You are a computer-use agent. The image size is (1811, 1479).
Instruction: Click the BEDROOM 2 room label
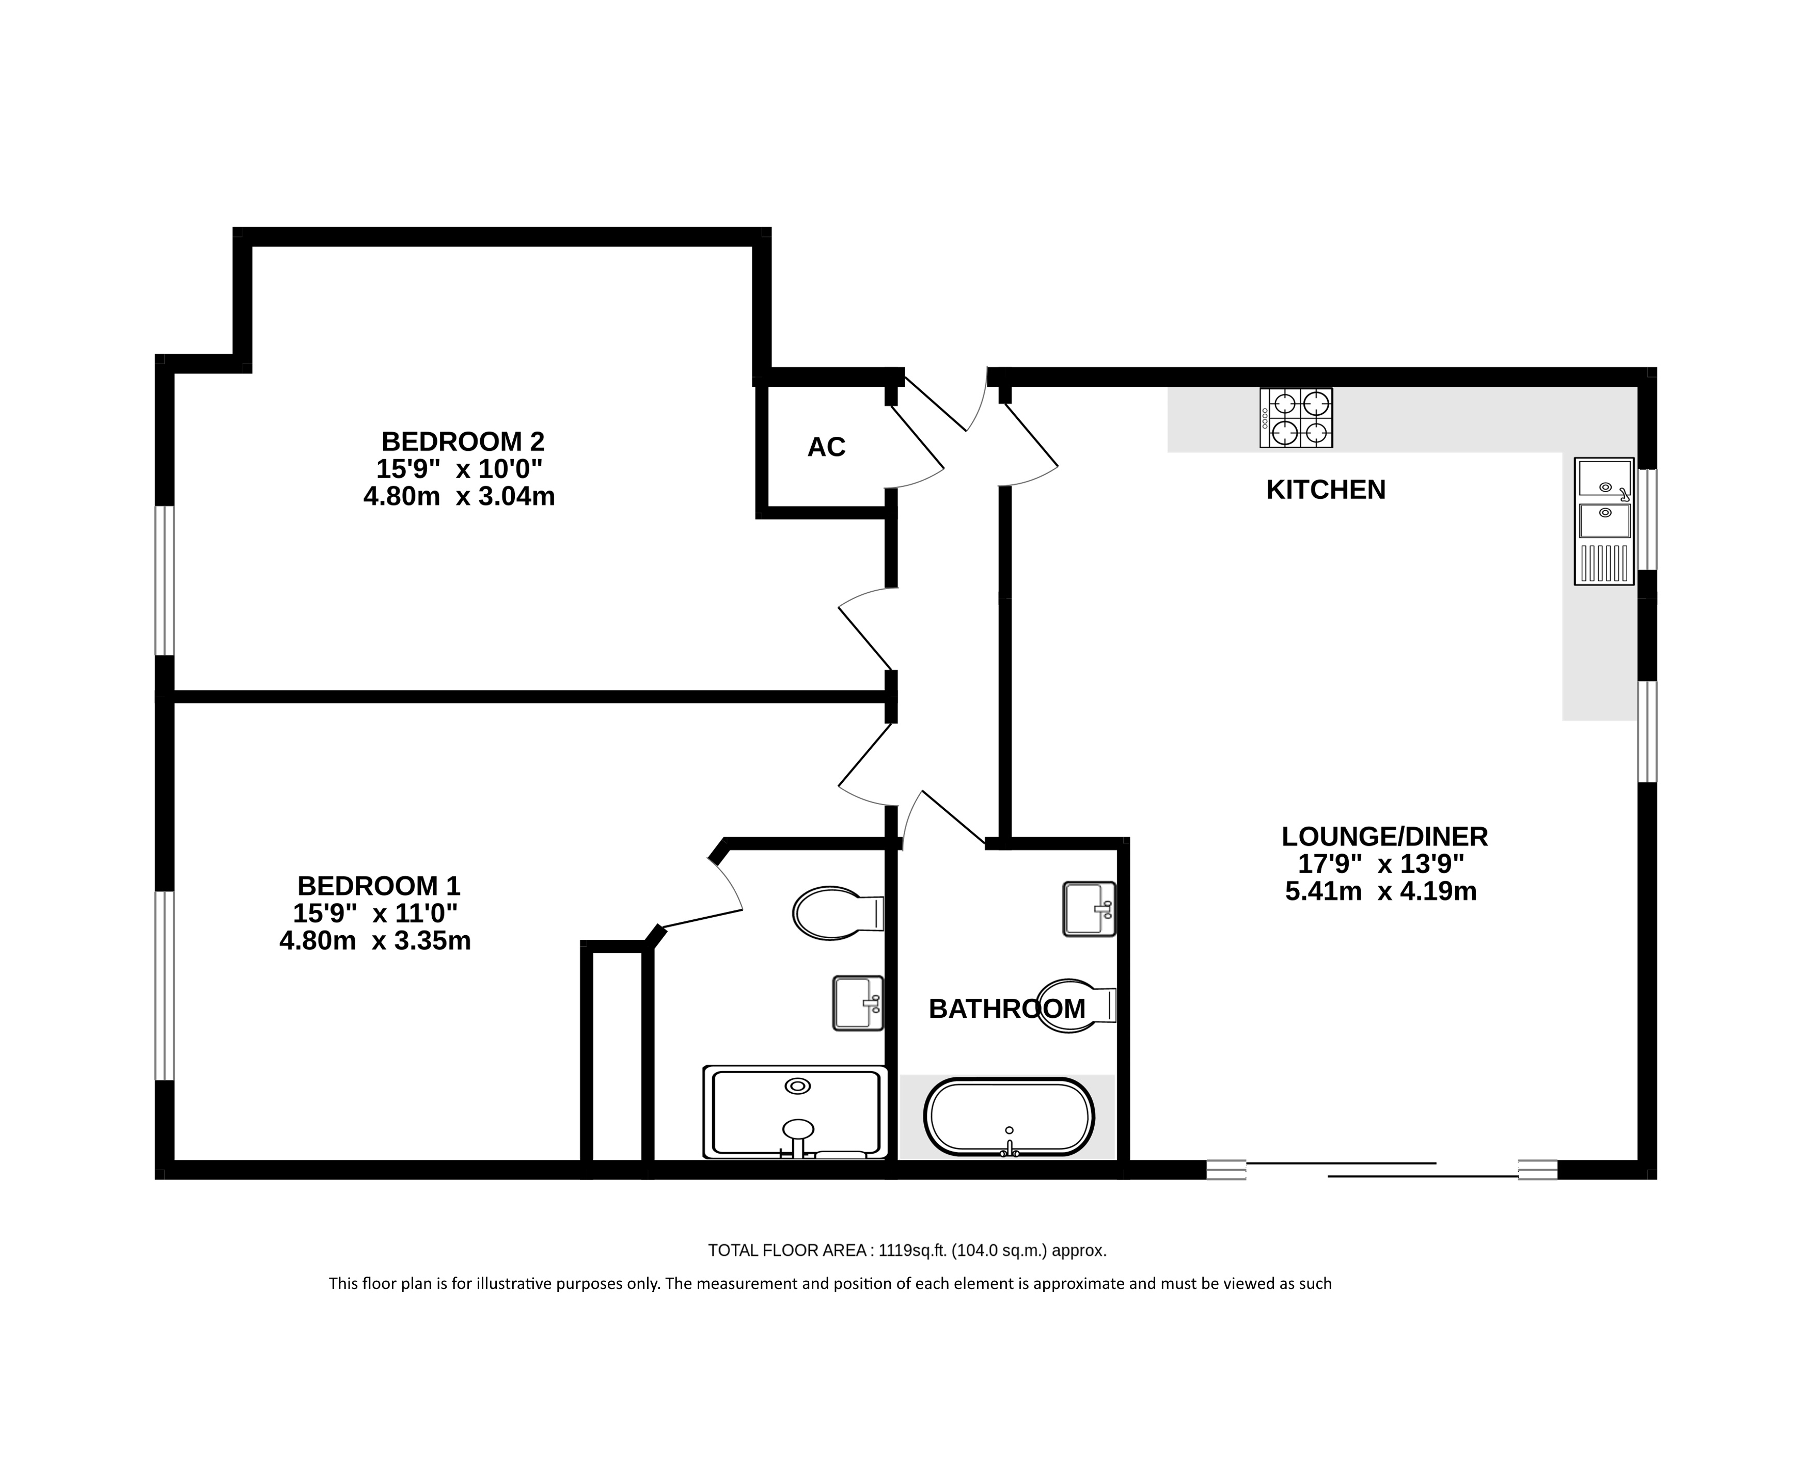463,442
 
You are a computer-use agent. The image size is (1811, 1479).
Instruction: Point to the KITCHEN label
1326,490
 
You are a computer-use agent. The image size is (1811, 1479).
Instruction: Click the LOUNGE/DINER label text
1385,837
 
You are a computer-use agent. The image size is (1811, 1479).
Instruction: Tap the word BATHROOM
1007,1009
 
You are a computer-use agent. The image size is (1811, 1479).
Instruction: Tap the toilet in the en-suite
838,914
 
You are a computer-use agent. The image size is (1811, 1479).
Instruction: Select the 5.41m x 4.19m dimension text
1381,892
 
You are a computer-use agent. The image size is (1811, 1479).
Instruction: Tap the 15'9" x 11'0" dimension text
375,914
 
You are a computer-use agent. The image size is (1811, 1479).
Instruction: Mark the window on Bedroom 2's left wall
164,581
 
